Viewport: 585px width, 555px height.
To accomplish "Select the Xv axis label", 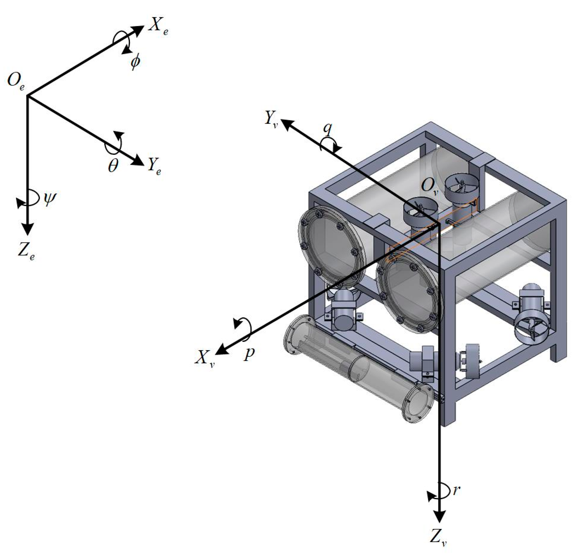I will (x=204, y=358).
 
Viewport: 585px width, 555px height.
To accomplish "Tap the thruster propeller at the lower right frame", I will (x=530, y=331).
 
